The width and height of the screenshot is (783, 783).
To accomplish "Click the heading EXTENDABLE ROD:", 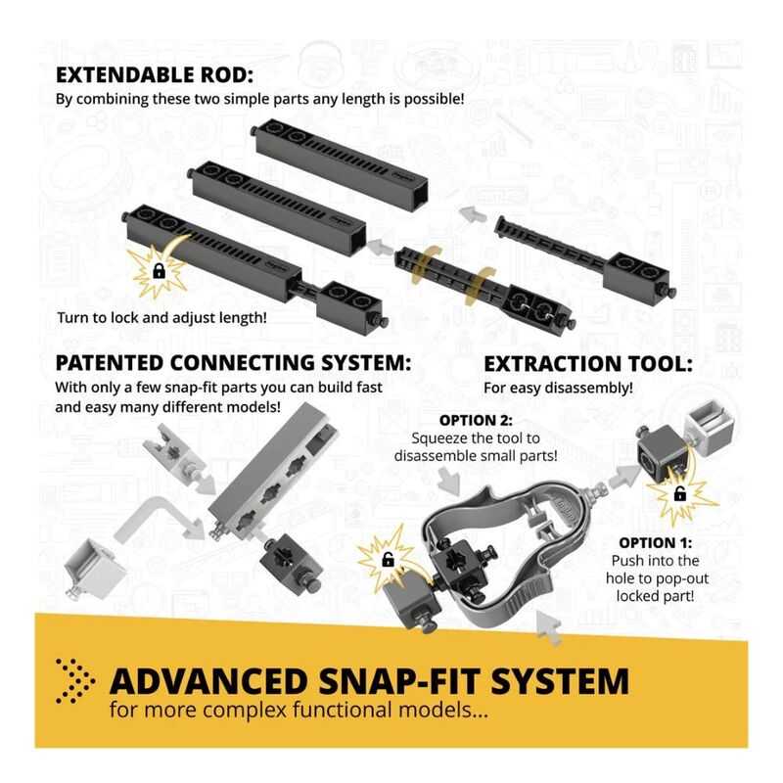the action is pyautogui.click(x=155, y=75).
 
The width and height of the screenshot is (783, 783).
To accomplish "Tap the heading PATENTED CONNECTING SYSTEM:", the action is pyautogui.click(x=233, y=363).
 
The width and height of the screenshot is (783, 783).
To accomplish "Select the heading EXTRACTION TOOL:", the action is pyautogui.click(x=588, y=364).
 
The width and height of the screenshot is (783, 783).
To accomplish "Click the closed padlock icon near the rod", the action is pyautogui.click(x=159, y=271).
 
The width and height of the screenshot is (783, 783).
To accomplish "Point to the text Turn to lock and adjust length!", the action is pyautogui.click(x=161, y=317).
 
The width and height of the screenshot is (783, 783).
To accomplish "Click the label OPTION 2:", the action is pyautogui.click(x=476, y=421).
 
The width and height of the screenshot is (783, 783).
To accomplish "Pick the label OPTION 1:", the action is pyautogui.click(x=655, y=543).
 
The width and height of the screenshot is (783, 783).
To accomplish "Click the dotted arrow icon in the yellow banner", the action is pyautogui.click(x=75, y=681).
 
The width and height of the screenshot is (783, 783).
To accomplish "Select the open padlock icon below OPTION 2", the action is pyautogui.click(x=388, y=559).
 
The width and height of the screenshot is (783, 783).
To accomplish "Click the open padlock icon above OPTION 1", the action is pyautogui.click(x=679, y=494).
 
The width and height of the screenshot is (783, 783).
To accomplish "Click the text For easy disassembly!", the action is pyautogui.click(x=558, y=388).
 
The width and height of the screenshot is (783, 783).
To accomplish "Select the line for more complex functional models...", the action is pyautogui.click(x=299, y=711).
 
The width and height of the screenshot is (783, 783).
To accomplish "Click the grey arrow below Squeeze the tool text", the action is pyautogui.click(x=450, y=480).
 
